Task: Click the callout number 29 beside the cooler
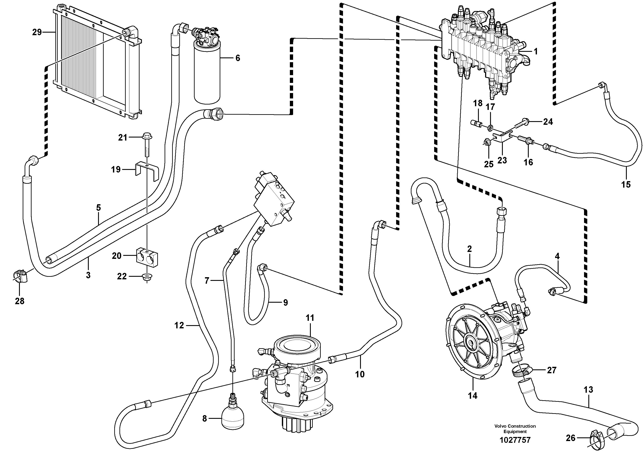click(37, 32)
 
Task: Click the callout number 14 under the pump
click(472, 395)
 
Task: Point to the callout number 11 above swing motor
click(310, 318)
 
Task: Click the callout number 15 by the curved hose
click(626, 184)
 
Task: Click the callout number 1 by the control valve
click(535, 52)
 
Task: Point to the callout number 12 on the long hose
click(179, 325)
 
